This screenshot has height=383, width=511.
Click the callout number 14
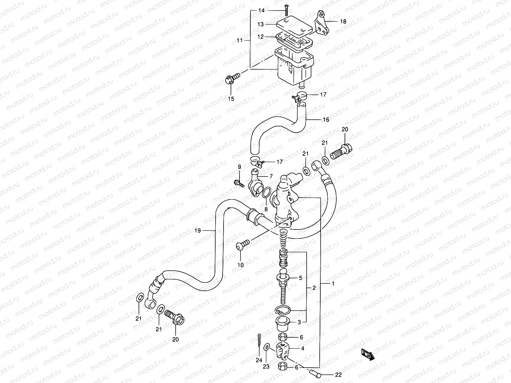(x=261, y=11)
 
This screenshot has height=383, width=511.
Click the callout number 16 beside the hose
(x=326, y=120)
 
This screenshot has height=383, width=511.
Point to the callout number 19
(x=197, y=230)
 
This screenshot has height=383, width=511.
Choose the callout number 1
(x=333, y=283)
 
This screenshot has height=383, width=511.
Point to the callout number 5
(x=300, y=278)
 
